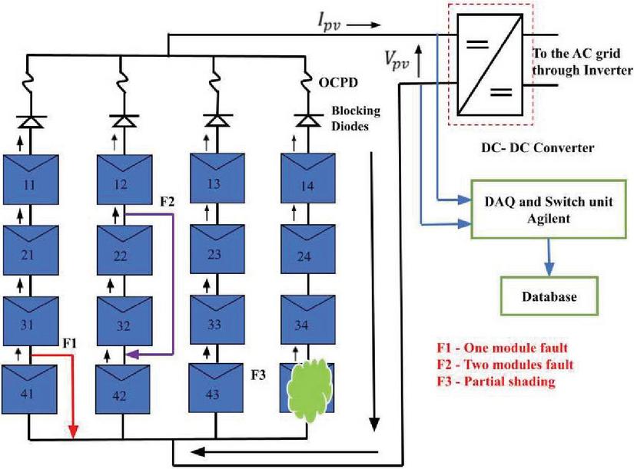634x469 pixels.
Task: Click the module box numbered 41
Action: [31, 392]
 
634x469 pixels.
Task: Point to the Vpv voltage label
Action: [399, 57]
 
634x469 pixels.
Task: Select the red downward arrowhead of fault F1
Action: [73, 432]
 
